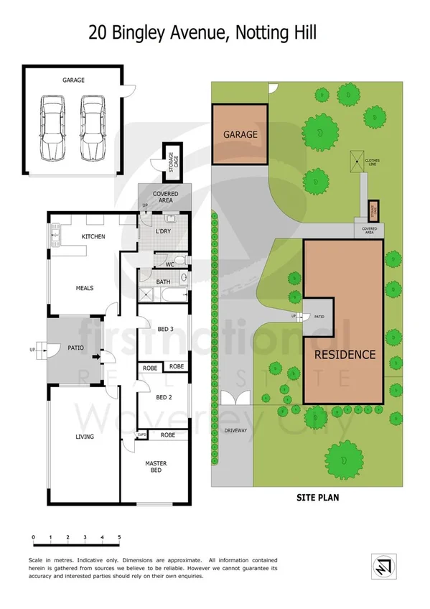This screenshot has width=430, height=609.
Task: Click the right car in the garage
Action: (x=91, y=129)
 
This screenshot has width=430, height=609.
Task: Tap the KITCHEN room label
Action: (x=93, y=236)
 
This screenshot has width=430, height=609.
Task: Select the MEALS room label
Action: (x=85, y=288)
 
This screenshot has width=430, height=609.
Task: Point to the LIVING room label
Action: (x=85, y=436)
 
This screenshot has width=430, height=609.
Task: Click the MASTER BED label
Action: (x=156, y=467)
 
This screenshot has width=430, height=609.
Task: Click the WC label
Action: (x=169, y=264)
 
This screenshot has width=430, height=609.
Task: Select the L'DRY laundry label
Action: (x=164, y=232)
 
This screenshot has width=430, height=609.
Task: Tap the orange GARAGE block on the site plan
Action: (x=240, y=134)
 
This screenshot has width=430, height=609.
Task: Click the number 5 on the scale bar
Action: (x=119, y=536)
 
